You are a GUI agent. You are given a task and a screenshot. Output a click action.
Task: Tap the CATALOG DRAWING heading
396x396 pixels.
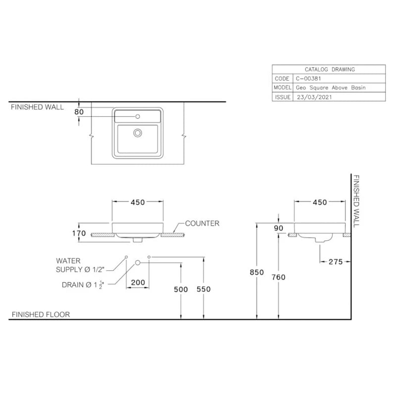click(329, 70)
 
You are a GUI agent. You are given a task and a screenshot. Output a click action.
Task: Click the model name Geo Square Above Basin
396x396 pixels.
click(331, 88)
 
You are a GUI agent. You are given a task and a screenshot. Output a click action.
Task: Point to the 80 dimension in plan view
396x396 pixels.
click(79, 112)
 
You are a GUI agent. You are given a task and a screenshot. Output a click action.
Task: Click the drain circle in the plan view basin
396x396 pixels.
click(138, 133)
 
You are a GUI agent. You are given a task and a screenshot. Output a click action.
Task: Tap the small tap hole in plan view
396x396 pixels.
click(138, 117)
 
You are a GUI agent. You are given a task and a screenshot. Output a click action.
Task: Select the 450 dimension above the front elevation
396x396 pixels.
click(138, 202)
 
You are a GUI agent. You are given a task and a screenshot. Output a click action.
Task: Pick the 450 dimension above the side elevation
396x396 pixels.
click(320, 202)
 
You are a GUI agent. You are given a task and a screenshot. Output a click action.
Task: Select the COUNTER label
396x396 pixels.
click(202, 224)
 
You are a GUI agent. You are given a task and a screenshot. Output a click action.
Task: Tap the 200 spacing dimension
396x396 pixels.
click(138, 282)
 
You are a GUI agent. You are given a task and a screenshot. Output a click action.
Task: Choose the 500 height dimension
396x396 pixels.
click(181, 290)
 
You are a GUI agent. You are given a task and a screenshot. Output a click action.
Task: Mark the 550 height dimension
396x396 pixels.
click(203, 290)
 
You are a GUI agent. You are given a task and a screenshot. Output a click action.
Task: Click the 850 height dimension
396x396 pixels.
click(256, 273)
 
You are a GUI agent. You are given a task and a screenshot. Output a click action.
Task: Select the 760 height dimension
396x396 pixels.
click(279, 277)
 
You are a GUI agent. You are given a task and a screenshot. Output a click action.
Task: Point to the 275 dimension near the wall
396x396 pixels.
click(335, 262)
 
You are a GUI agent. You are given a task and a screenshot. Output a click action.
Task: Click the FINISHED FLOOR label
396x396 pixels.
click(41, 314)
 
